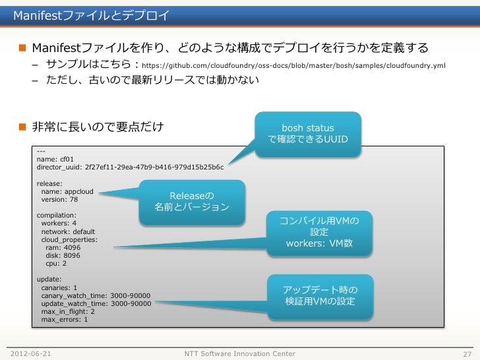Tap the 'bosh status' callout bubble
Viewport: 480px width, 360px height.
point(308,134)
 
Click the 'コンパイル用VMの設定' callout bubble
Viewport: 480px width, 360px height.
point(319,232)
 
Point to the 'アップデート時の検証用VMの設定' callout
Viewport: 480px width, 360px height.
point(320,295)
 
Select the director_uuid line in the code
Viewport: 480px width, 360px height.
point(130,167)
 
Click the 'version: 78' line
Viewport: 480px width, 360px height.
point(59,199)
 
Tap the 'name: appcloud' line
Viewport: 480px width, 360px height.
point(67,191)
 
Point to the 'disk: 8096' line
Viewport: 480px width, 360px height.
point(63,255)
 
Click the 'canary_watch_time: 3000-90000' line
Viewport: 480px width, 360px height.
point(96,295)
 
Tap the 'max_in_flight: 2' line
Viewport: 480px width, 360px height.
point(67,311)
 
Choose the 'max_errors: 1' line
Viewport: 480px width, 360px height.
point(64,319)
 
